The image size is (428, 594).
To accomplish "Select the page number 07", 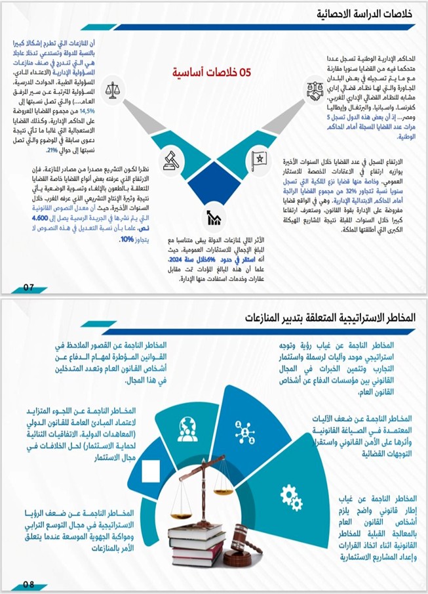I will coord(28,287).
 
